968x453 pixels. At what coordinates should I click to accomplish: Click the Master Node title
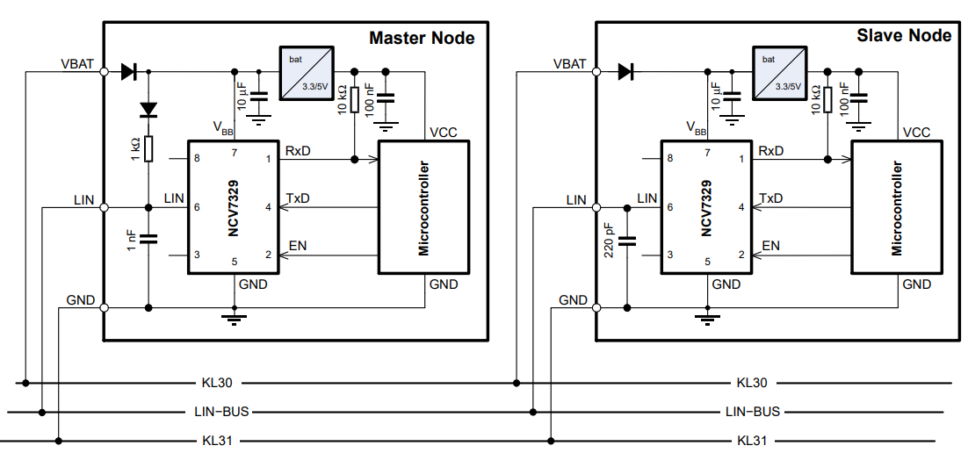[422, 38]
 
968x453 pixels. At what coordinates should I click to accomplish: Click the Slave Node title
[904, 36]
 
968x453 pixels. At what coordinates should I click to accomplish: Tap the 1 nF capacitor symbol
[148, 238]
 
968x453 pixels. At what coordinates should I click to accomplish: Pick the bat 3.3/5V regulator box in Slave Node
[779, 72]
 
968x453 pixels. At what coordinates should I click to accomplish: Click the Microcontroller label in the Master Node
[423, 207]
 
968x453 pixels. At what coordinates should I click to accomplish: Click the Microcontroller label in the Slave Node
[897, 207]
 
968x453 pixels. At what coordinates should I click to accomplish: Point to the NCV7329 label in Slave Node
[708, 207]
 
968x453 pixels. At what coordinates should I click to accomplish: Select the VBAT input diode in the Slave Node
[626, 72]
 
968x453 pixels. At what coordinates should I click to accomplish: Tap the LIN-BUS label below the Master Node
[223, 411]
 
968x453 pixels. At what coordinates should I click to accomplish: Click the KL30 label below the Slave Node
[752, 383]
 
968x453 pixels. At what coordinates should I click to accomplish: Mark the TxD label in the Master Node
[298, 199]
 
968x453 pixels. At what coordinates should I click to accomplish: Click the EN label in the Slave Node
[770, 246]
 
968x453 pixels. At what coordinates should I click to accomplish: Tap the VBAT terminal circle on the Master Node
[104, 72]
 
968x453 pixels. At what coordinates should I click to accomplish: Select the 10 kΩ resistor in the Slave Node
[827, 99]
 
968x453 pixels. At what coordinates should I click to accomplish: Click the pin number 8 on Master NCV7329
[197, 159]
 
